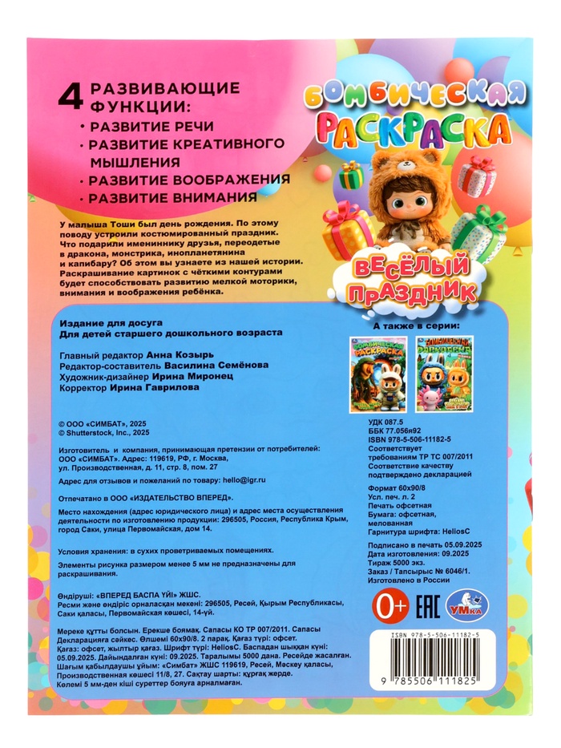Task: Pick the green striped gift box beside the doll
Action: [x=479, y=232]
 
